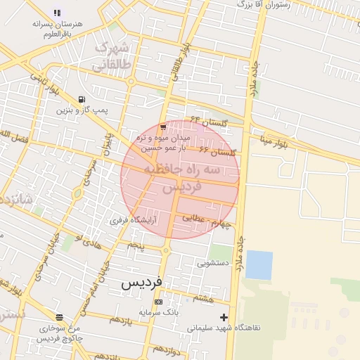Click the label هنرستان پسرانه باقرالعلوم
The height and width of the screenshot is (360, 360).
58,28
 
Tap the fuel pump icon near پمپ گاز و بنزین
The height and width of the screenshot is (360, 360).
82,99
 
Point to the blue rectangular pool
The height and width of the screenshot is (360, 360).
259,265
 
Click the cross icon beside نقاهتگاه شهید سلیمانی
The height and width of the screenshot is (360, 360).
224,317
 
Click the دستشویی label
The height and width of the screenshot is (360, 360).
214,264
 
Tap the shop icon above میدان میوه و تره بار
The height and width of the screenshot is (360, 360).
163,127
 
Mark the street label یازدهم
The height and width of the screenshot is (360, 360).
120,319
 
